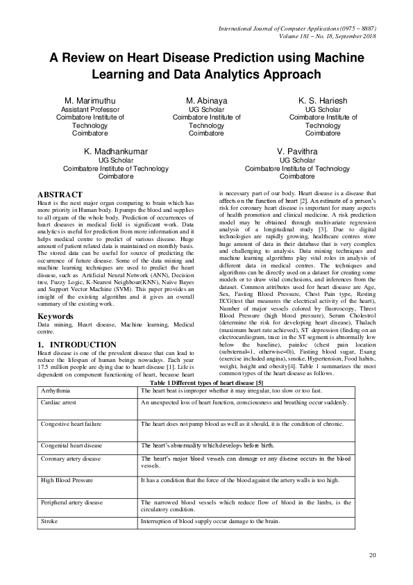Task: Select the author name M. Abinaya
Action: [x=207, y=101]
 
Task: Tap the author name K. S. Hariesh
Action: [x=323, y=101]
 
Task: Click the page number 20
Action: [x=372, y=554]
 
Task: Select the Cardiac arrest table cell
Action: [x=58, y=403]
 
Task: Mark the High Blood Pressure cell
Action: [x=67, y=480]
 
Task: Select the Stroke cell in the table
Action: [x=49, y=520]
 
